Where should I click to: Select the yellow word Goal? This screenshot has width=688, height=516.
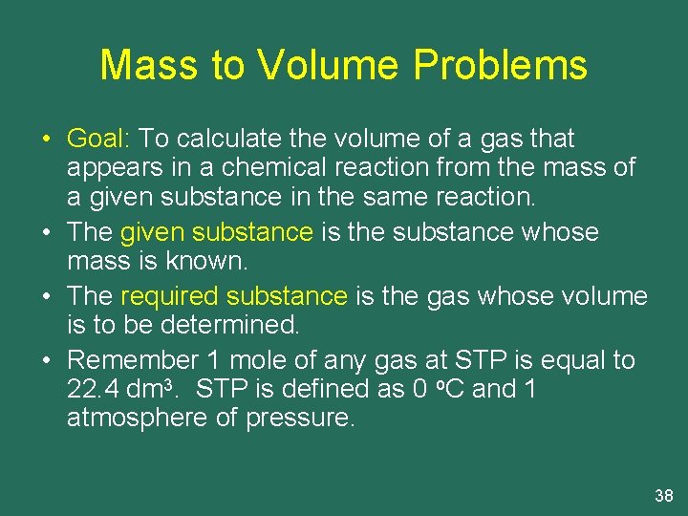(97, 140)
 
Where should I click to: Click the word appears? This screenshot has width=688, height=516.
(111, 168)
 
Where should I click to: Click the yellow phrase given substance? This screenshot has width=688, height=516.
(217, 232)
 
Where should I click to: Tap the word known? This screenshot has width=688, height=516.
(208, 260)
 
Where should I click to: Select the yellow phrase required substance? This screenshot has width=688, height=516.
(234, 296)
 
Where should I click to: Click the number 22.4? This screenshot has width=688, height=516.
(94, 389)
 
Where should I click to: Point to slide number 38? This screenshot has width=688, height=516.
(664, 496)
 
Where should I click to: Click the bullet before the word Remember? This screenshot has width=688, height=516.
(46, 361)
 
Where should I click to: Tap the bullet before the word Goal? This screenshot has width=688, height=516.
(46, 140)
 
